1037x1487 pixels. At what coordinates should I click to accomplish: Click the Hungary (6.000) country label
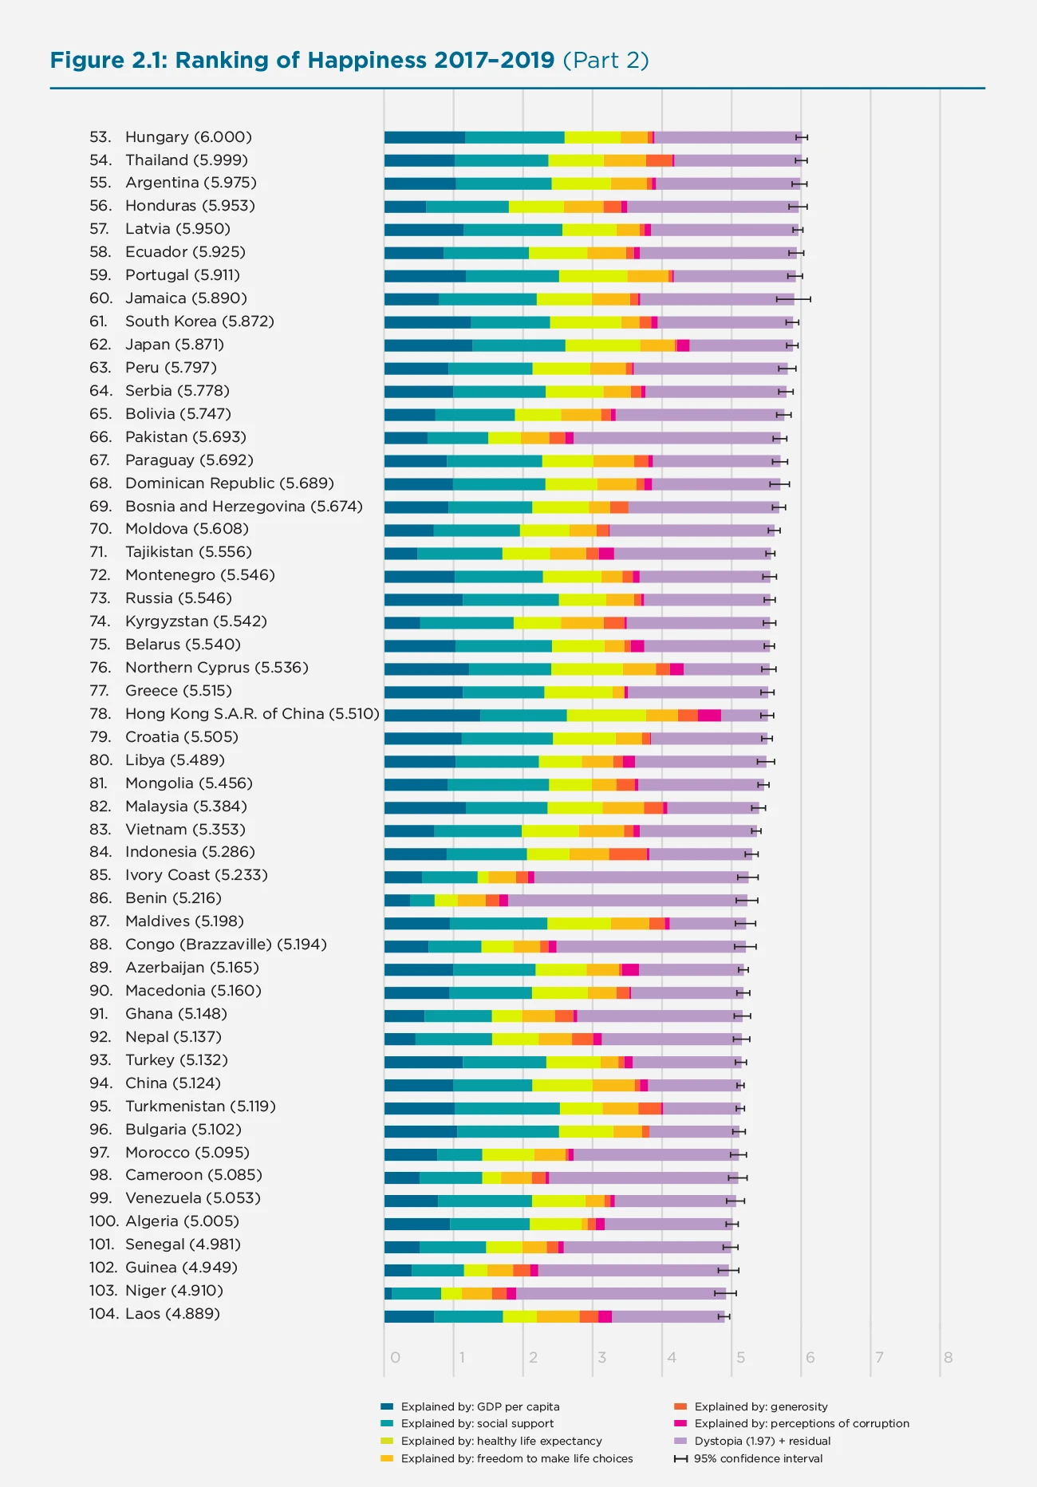(188, 137)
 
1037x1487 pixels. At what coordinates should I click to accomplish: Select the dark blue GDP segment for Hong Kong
(432, 715)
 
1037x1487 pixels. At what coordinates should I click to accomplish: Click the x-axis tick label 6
(810, 1358)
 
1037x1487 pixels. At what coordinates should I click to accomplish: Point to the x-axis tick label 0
(395, 1358)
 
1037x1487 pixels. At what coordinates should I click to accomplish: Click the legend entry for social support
(476, 1423)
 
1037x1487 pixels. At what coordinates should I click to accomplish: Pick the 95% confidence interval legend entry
(758, 1458)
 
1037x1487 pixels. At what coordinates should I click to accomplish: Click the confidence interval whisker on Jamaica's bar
(794, 299)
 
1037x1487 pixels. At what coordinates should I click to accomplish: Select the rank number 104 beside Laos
(103, 1314)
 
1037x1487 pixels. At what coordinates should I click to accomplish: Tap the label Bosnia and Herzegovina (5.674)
(243, 507)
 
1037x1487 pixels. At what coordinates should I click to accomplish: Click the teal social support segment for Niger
(416, 1293)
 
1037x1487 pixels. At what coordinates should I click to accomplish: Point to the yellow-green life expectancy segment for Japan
(602, 345)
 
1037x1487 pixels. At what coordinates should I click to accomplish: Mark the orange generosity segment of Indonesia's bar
(628, 854)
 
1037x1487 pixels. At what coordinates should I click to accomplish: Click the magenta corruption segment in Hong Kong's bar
(709, 715)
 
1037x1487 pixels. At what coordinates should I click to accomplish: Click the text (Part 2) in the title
(606, 60)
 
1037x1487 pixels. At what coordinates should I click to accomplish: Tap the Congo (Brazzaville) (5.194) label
(226, 945)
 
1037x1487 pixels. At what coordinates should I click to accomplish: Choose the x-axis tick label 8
(948, 1358)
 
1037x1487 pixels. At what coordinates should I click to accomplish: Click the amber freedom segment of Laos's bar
(558, 1316)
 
